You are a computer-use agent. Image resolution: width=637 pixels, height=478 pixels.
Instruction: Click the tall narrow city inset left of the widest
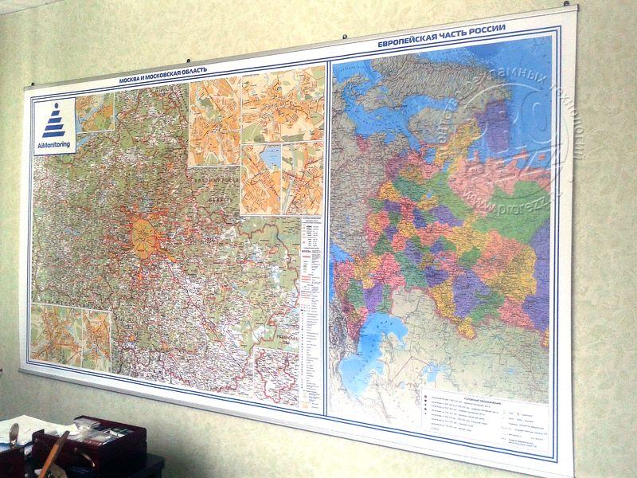pos(214,119)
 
